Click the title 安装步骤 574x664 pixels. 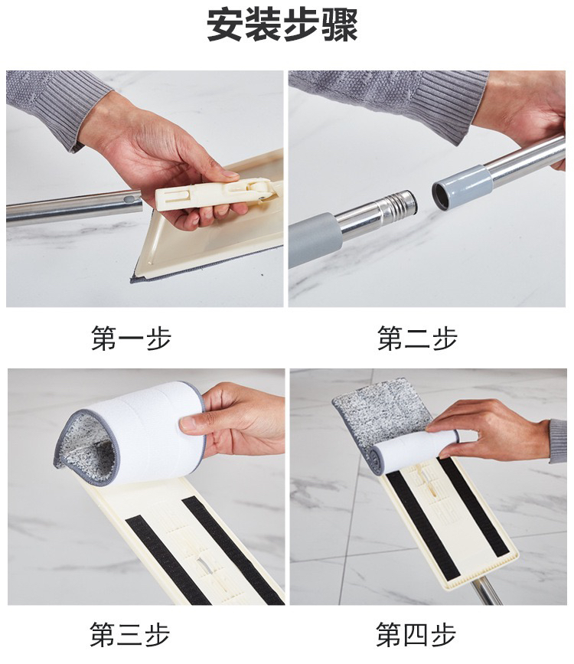pyautogui.click(x=282, y=25)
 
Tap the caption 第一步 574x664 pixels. pyautogui.click(x=131, y=338)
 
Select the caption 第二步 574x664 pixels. pyautogui.click(x=417, y=338)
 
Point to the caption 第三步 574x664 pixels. pyautogui.click(x=130, y=634)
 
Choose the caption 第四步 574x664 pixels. pyautogui.click(x=416, y=634)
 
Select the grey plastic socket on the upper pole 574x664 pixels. pyautogui.click(x=462, y=185)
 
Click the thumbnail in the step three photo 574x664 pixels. pyautogui.click(x=188, y=424)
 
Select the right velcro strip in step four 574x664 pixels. pyautogui.click(x=474, y=507)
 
